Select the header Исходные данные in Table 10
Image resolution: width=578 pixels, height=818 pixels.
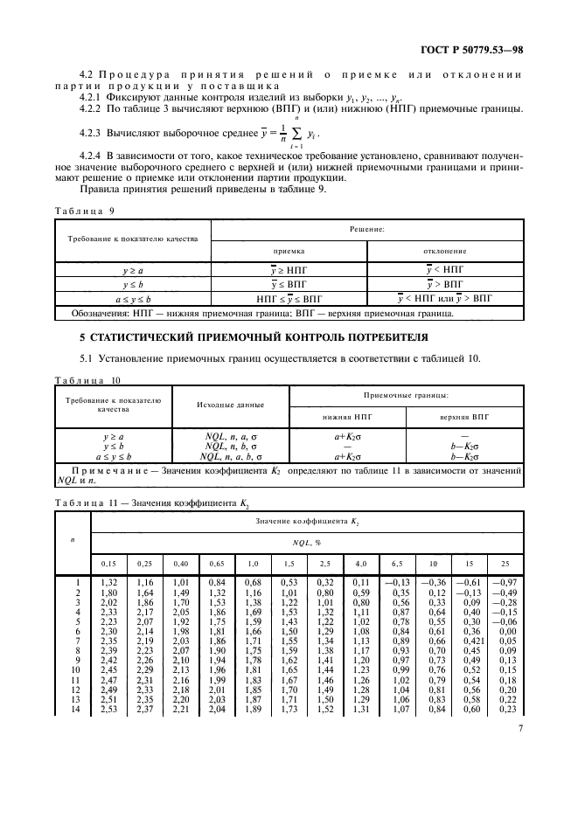231,406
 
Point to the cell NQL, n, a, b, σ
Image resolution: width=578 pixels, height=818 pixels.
231,456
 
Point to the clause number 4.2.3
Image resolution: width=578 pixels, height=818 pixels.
91,136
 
